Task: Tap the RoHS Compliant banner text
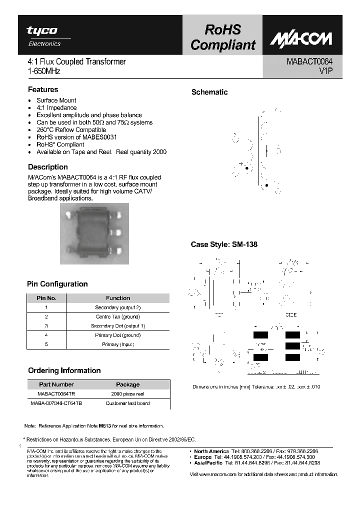(222, 37)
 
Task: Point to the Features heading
(43, 89)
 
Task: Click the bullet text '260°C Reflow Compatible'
(71, 129)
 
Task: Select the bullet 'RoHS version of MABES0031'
(76, 137)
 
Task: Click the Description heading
(48, 167)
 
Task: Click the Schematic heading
(209, 92)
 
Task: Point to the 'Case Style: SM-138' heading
(224, 245)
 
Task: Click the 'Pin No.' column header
(46, 298)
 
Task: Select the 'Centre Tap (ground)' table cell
(118, 316)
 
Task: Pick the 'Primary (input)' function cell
(118, 344)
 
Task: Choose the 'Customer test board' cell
(128, 403)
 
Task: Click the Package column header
(128, 384)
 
